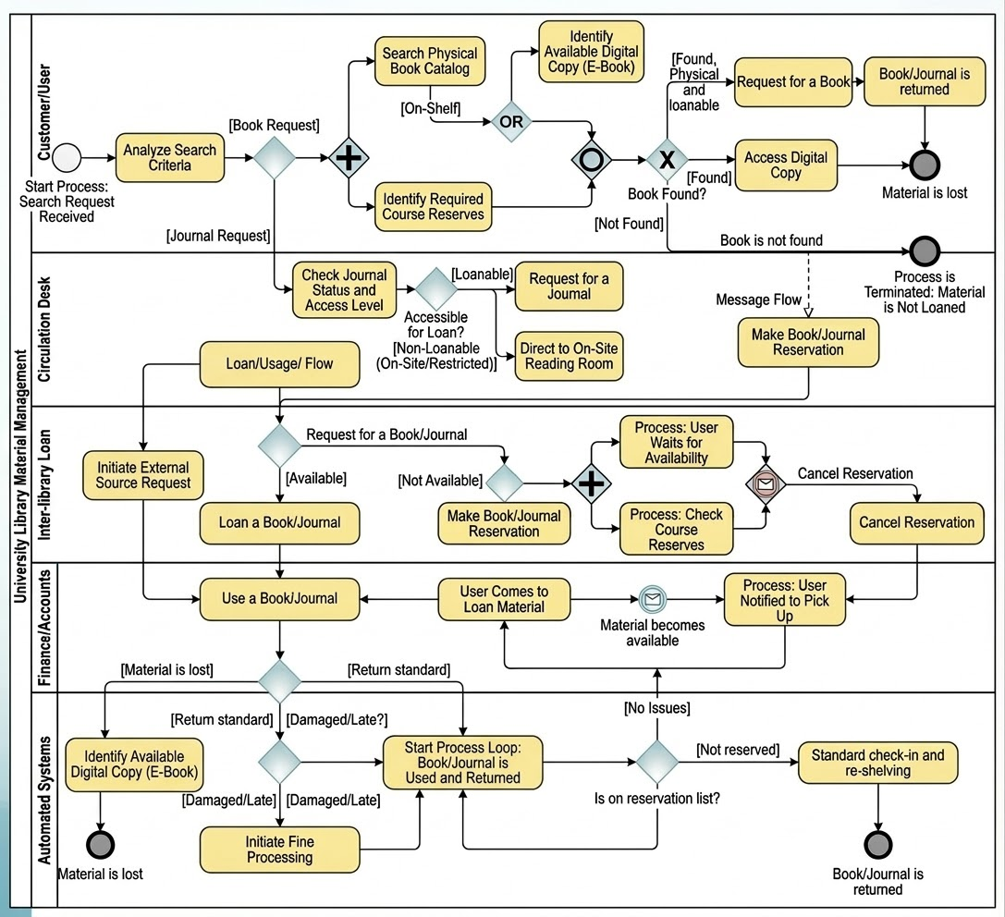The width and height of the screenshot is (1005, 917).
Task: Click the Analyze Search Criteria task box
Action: [170, 157]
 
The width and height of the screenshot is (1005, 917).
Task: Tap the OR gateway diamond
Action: [511, 121]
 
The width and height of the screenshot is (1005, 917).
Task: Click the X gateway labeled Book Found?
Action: [666, 159]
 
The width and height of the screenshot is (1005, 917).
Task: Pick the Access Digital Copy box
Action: [786, 165]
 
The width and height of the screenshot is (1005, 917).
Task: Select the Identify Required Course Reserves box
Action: [433, 206]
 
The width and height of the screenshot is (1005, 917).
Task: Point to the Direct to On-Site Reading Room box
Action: [569, 356]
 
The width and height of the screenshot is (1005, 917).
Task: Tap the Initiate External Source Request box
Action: [142, 475]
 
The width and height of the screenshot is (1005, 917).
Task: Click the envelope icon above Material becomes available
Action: [652, 599]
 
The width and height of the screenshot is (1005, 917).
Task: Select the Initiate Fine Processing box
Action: [279, 850]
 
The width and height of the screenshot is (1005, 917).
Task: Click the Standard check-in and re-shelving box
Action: [877, 763]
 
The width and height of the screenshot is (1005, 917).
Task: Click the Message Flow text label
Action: [758, 300]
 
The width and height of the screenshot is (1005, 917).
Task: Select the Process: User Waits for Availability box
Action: [676, 443]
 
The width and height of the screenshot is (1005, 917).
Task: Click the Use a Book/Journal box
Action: [279, 598]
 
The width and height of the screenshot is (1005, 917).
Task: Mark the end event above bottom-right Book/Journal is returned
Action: [877, 844]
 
